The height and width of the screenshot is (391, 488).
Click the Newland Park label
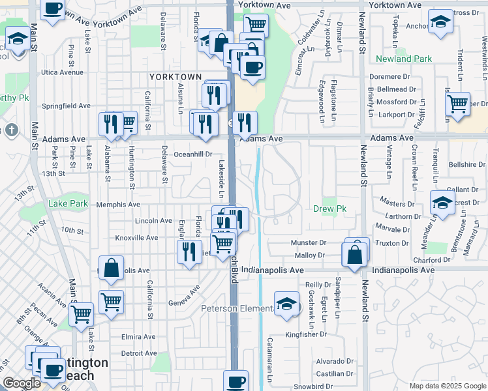tap(404, 59)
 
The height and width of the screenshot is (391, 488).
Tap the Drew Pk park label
tap(332, 209)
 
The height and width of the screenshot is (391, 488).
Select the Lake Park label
tap(68, 204)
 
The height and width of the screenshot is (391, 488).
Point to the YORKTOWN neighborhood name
tap(175, 77)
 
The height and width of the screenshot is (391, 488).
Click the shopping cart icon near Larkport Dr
tap(458, 103)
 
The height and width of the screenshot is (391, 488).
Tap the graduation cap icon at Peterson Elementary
tap(286, 304)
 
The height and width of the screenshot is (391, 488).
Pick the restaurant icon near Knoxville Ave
tap(189, 251)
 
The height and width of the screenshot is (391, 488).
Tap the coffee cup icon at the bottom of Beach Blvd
tap(236, 381)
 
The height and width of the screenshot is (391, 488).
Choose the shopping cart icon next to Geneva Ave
tap(112, 302)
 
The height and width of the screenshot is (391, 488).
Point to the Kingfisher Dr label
tap(305, 335)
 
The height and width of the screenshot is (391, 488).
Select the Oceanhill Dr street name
tap(193, 154)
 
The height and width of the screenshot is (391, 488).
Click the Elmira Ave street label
tap(138, 337)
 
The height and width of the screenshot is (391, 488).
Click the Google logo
tap(22, 383)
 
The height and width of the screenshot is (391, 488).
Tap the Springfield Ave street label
tap(66, 106)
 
